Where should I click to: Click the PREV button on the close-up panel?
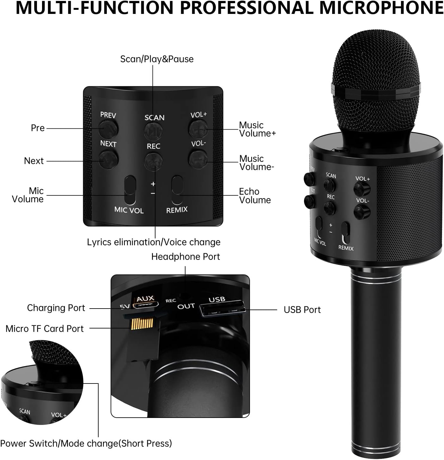click(x=108, y=128)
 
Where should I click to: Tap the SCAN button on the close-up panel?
click(x=154, y=130)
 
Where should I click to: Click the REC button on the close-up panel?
click(x=154, y=161)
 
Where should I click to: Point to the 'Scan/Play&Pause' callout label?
click(x=157, y=59)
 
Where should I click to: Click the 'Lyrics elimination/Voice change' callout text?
click(x=154, y=242)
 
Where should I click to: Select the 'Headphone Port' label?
click(x=186, y=257)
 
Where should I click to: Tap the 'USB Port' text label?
click(x=302, y=310)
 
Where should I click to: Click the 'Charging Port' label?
click(x=56, y=308)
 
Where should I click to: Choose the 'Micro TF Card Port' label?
click(x=45, y=329)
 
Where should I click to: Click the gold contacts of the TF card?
click(x=142, y=323)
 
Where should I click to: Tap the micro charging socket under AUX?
click(x=146, y=305)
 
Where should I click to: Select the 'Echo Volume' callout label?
click(x=255, y=196)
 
